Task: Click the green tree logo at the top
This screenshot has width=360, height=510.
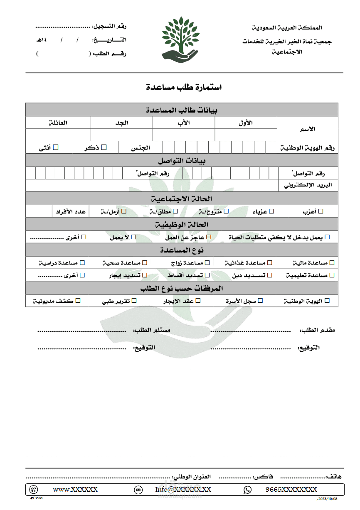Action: (x=180, y=37)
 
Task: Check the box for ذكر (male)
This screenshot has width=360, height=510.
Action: (x=104, y=147)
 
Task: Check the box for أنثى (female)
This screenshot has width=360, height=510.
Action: (x=56, y=147)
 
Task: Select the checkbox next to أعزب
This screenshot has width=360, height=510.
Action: (x=321, y=211)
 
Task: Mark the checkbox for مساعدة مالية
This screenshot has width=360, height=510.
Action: (x=331, y=263)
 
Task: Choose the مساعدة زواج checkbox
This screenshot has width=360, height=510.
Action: (x=207, y=263)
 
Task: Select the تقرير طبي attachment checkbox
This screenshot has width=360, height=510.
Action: (x=134, y=301)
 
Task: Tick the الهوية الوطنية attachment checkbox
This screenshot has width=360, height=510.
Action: (x=327, y=301)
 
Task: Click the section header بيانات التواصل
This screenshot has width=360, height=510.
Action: (x=182, y=160)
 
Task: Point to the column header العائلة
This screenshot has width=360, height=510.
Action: (x=58, y=123)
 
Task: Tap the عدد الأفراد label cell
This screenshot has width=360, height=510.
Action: (x=70, y=211)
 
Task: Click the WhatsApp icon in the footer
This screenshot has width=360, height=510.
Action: (x=248, y=490)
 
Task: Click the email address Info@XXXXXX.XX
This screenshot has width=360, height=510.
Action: (x=183, y=490)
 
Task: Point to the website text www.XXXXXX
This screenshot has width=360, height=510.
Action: (x=75, y=490)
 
